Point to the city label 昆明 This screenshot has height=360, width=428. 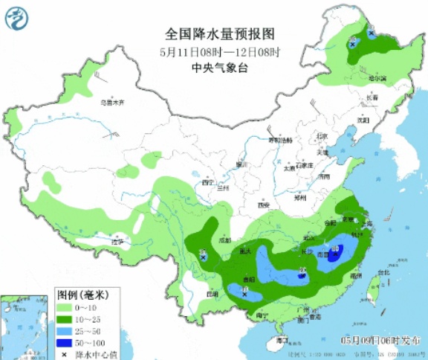coord(213,292)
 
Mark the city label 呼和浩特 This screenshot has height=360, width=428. coord(280,140)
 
